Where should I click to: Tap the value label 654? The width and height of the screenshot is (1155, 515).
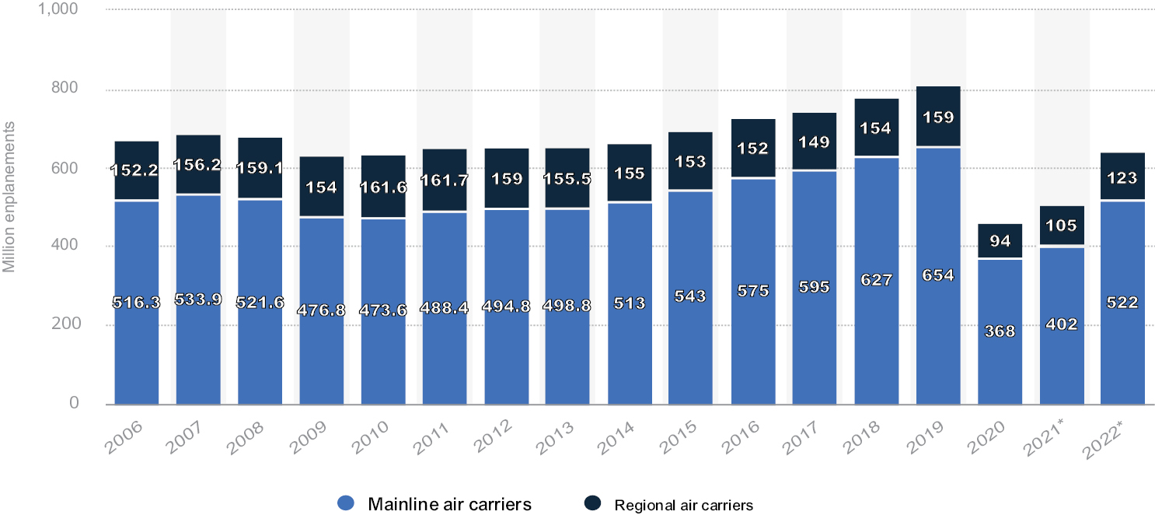click(938, 275)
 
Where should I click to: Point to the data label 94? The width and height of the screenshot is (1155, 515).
click(1000, 241)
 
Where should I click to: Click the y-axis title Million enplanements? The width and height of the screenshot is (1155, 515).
click(9, 206)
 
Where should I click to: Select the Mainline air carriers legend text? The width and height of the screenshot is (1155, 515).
click(450, 504)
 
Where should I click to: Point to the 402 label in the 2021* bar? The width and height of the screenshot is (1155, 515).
click(1061, 325)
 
